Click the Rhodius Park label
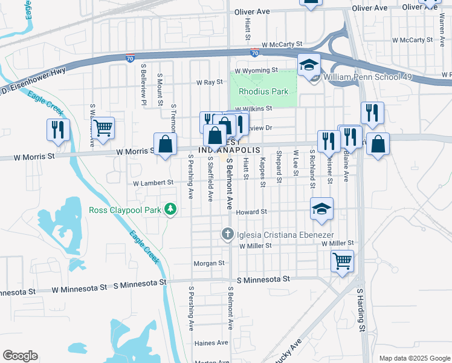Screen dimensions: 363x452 [x=263, y=91]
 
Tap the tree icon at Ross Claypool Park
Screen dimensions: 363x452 [x=172, y=209]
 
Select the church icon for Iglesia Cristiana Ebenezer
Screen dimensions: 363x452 [x=228, y=234]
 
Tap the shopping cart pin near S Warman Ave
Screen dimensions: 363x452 [x=103, y=128]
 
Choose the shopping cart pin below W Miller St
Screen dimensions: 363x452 [x=342, y=261]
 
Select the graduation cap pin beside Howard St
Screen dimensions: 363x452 [x=321, y=209]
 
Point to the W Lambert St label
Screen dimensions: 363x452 [x=153, y=182]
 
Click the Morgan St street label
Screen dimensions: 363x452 [x=208, y=263]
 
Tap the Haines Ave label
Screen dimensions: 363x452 [x=210, y=343]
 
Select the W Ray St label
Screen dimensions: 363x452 [x=210, y=82]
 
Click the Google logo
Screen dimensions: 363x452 [x=20, y=356]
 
